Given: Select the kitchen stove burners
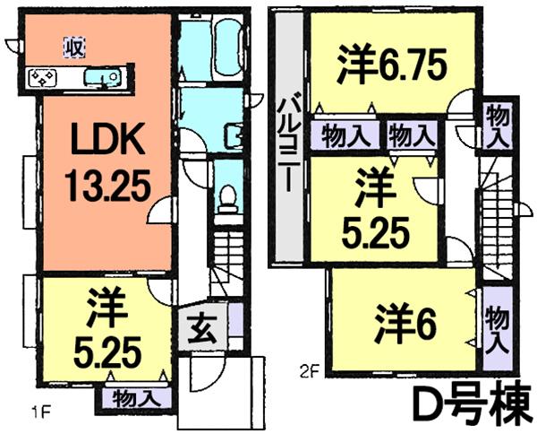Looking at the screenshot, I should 42,79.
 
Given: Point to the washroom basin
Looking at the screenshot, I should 234,135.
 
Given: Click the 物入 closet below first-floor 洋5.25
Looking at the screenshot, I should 137,395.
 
